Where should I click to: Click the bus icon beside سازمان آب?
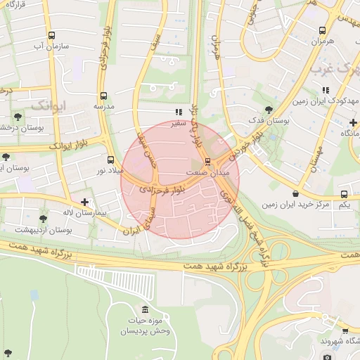tap(51, 35)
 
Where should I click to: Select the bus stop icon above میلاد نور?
tap(110, 160)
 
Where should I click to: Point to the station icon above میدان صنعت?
tap(206, 162)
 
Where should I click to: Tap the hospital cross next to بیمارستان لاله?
tap(84, 202)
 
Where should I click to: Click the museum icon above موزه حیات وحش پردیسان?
tap(145, 310)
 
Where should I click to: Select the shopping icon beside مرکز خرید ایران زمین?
tap(295, 193)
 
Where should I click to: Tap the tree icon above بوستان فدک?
tap(269, 110)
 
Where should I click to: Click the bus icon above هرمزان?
tap(322, 30)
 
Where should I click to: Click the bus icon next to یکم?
tap(344, 194)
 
